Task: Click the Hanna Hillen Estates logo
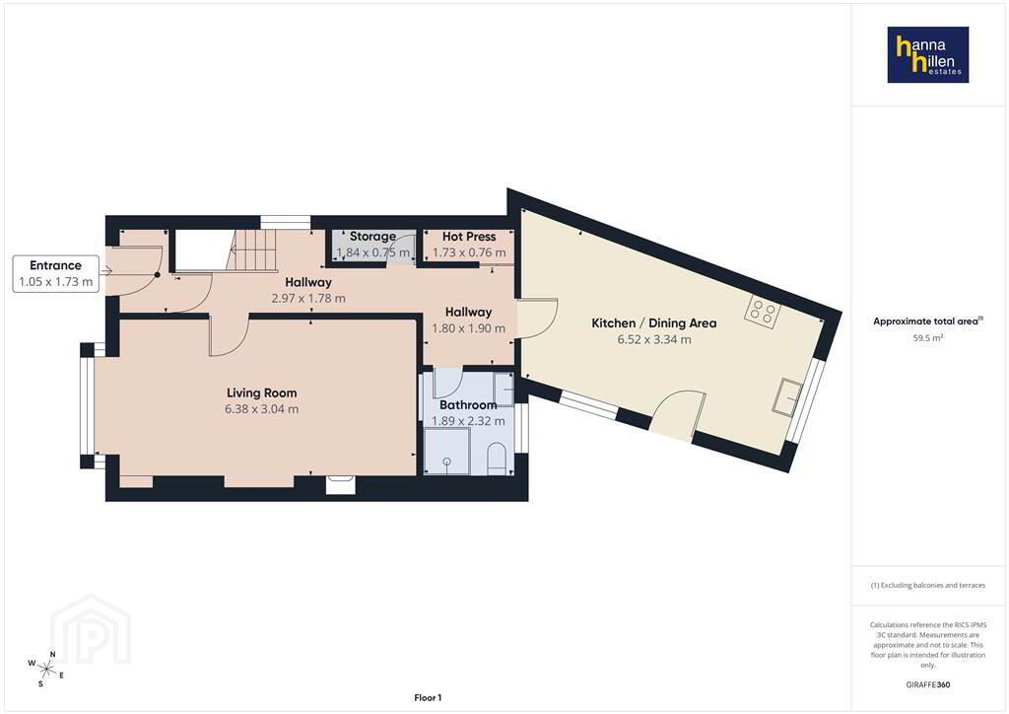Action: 928,54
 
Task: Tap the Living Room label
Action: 262,393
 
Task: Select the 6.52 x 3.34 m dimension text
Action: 654,339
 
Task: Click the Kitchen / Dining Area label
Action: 654,323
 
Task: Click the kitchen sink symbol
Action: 788,396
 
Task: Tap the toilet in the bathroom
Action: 497,458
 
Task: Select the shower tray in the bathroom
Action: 447,452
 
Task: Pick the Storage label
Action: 372,237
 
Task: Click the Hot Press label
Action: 469,237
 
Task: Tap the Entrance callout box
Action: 56,273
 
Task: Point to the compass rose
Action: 46,669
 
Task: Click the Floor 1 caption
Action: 428,698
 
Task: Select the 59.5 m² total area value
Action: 928,337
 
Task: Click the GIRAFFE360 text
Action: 928,684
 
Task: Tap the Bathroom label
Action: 468,405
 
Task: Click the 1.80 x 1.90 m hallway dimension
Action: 468,327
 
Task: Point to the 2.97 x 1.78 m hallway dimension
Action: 308,298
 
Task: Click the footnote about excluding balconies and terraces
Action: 928,585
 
